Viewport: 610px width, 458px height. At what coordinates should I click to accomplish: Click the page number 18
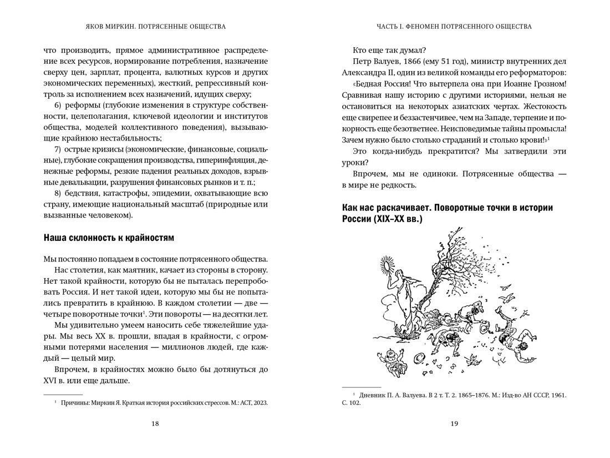[155, 424]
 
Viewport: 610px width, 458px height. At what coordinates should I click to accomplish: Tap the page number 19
[454, 424]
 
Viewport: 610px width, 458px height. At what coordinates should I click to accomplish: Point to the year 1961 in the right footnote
[557, 394]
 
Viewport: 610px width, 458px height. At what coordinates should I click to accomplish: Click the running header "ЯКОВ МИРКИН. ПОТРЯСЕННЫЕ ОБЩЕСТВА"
[155, 26]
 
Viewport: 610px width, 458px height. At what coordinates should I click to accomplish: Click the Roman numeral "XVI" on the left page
[52, 381]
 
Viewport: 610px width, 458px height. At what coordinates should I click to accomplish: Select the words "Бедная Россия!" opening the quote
[381, 83]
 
